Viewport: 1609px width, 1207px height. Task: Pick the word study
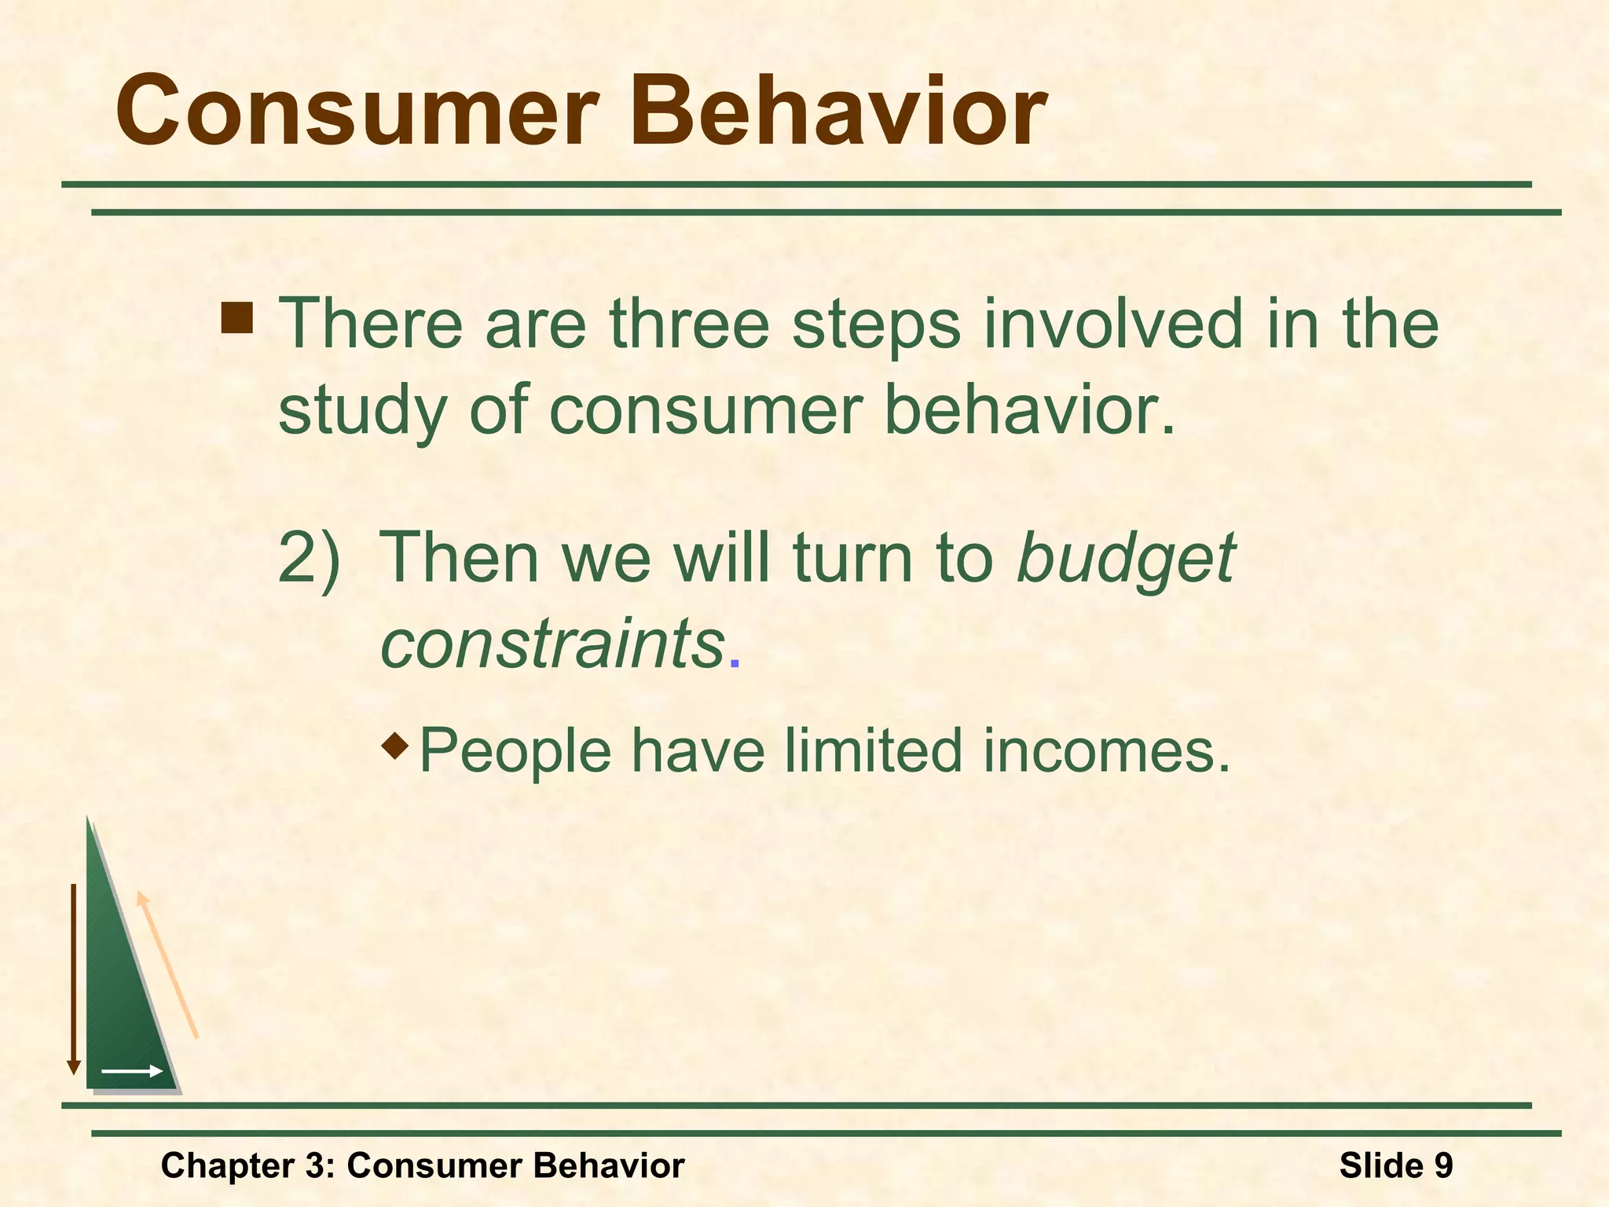[362, 412]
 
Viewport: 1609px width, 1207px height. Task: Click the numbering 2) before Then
[310, 559]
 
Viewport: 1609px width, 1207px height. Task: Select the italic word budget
[1126, 559]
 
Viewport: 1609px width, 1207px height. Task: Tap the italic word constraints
[552, 644]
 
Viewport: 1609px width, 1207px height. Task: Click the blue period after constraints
[735, 665]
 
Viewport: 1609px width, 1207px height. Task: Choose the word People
[515, 752]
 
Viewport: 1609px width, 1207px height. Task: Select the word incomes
[1105, 750]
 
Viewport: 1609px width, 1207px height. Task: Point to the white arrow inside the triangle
[131, 1071]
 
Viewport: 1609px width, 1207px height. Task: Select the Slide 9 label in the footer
[1396, 1165]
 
